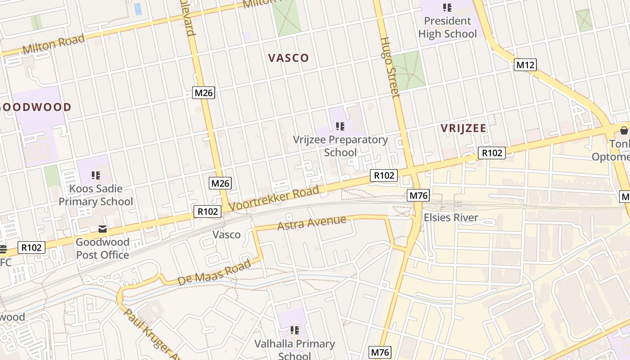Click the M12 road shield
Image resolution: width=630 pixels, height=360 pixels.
coord(525,65)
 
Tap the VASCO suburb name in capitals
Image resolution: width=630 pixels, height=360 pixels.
coord(288,58)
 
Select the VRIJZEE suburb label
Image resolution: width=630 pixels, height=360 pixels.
coord(463,128)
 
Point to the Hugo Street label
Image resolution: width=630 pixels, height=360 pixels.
coord(390,67)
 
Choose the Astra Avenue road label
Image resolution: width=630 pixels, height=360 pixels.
coord(312,223)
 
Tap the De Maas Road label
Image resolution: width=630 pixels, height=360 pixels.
coord(214,273)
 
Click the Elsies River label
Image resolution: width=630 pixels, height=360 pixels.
coord(451,218)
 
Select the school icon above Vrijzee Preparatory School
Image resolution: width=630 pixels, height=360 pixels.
coord(340,126)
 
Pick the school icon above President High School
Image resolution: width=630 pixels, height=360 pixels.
coord(447,7)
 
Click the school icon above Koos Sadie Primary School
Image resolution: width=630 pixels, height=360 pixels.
coord(95,175)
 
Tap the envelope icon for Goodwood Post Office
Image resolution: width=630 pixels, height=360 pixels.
coord(103,229)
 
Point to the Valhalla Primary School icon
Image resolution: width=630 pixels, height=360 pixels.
coord(294,331)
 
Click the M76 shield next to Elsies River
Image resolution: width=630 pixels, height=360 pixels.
coord(418,195)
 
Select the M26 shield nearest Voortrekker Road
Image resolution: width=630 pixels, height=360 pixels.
coord(220,183)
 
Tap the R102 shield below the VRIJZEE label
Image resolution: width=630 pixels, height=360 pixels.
coord(492,153)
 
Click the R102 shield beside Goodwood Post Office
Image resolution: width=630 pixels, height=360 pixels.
coord(31,247)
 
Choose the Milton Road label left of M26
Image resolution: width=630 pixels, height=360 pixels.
coord(53,44)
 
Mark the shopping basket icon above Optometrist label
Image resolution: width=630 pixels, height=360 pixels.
coord(624,130)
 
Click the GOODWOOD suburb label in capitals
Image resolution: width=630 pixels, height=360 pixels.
coord(36,107)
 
